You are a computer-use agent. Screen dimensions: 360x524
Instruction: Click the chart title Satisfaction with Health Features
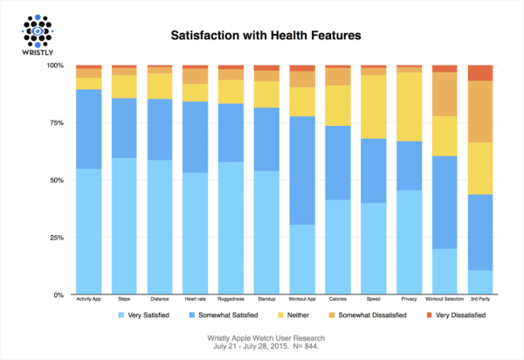coord(261,38)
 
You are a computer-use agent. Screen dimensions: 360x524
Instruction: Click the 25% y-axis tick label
coord(53,238)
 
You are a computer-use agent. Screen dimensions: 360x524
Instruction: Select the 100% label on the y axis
coord(52,66)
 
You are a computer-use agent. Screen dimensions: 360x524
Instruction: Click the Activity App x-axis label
coord(90,300)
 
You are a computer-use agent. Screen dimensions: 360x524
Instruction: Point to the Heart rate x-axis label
coord(196,300)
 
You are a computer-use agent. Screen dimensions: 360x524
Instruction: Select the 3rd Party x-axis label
coord(480,300)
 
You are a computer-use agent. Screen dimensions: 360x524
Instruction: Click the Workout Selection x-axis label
coord(445,300)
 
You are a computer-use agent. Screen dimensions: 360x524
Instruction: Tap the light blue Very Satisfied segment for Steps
coord(125,226)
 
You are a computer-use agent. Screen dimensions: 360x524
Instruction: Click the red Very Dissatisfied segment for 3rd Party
coord(480,73)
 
